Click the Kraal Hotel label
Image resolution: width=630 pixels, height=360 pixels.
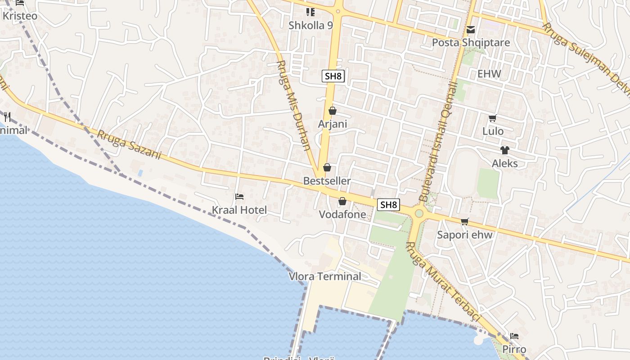tap(239, 210)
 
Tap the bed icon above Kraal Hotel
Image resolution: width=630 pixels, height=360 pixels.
tap(239, 197)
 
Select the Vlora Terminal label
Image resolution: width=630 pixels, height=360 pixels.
tap(325, 276)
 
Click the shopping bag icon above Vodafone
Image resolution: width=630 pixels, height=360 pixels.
tap(342, 201)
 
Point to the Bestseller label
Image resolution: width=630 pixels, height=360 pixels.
tap(327, 181)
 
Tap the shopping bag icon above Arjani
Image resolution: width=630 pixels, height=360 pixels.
tap(333, 110)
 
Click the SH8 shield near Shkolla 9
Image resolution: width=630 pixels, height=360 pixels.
tap(333, 76)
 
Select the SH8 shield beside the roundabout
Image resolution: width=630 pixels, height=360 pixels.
tap(389, 205)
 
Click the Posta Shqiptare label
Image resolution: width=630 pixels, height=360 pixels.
tap(471, 43)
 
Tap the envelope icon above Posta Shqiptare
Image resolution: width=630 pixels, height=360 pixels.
tap(471, 30)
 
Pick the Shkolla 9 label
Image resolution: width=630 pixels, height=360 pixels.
tap(310, 25)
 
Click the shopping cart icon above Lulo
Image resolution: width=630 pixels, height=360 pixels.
tap(492, 118)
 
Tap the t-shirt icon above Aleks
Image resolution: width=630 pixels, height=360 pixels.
tap(504, 150)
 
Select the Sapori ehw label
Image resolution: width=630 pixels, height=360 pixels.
tap(465, 235)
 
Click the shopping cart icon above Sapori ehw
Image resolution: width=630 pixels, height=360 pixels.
tap(465, 221)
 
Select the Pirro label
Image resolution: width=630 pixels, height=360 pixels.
tap(514, 350)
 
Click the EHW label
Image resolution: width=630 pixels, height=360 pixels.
tap(489, 74)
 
